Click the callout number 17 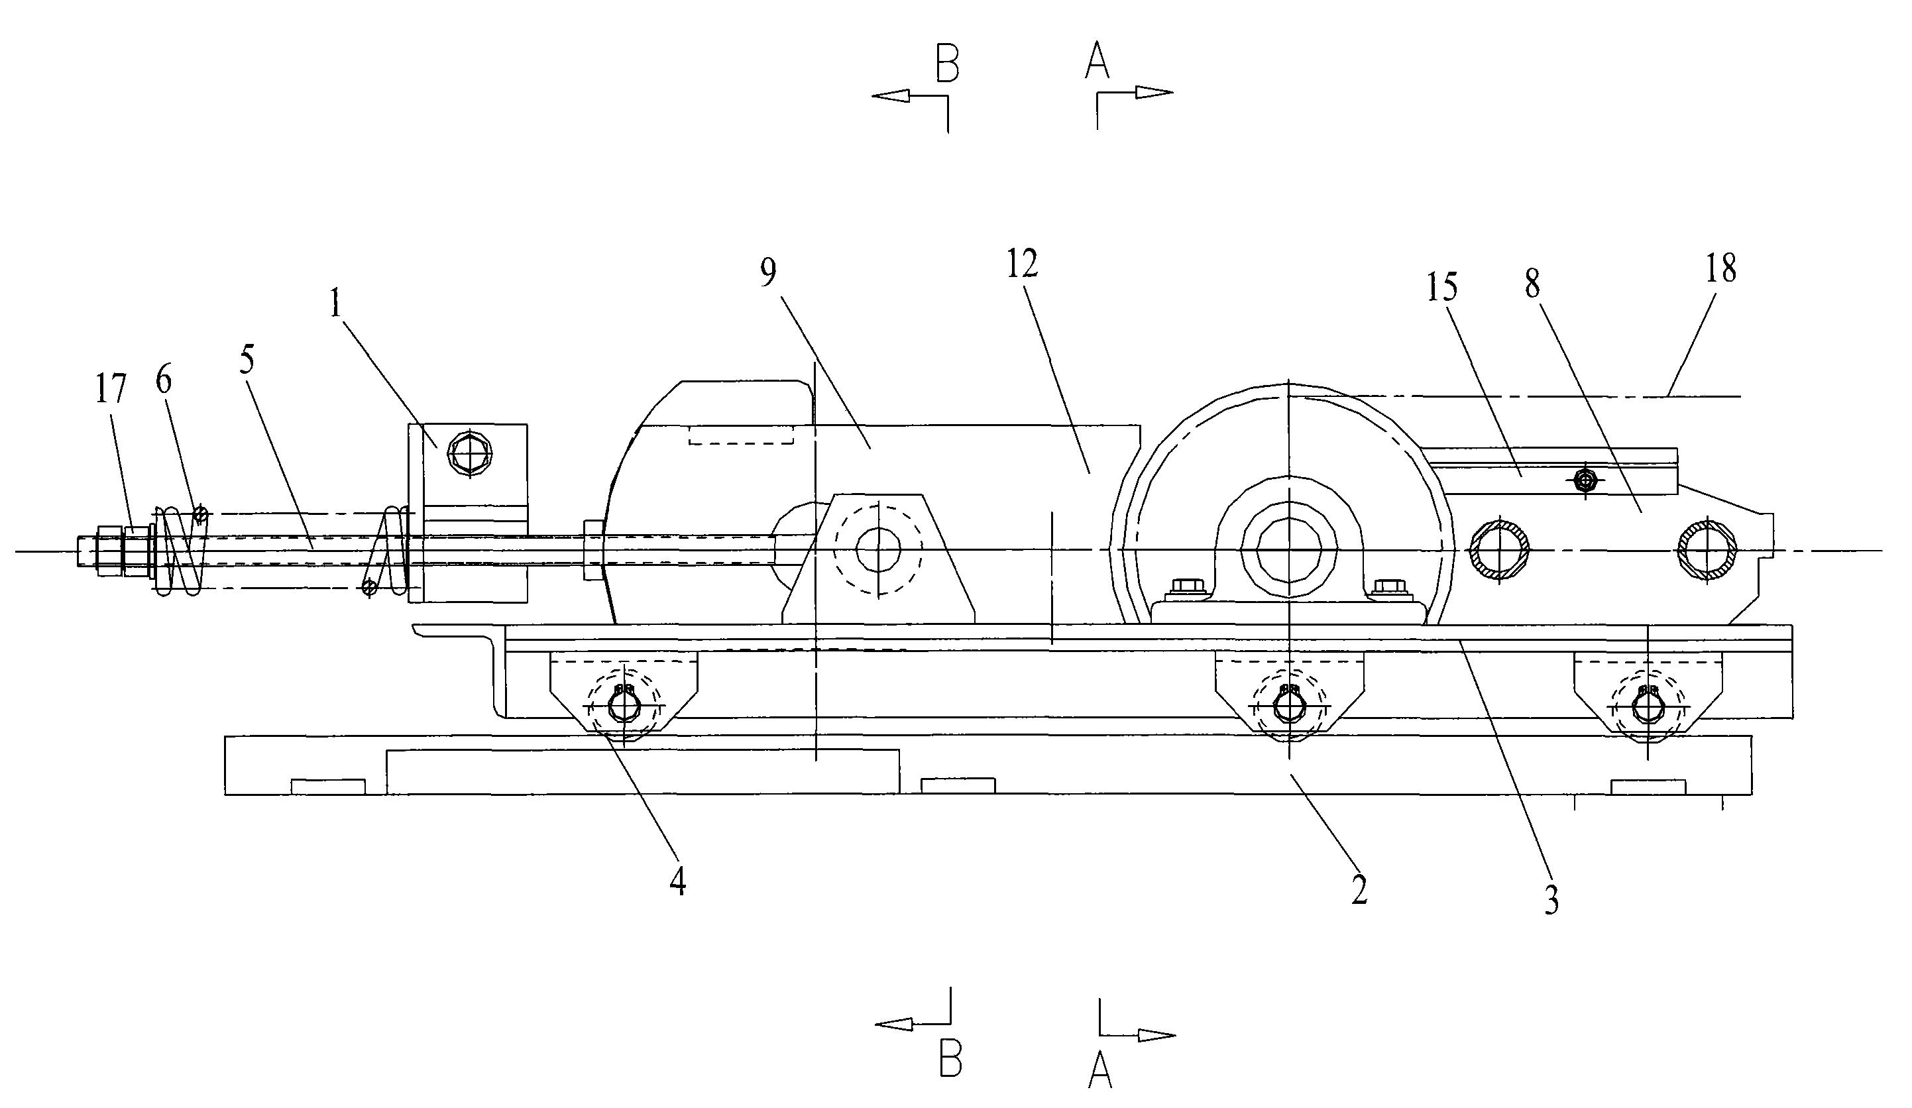pos(111,388)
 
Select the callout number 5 pos(247,360)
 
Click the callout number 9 pos(768,273)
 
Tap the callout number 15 pos(1441,287)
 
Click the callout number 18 pos(1720,268)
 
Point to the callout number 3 pos(1551,899)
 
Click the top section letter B pos(947,63)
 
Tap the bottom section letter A pos(1100,1072)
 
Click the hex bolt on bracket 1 pos(471,455)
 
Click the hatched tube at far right pos(1707,550)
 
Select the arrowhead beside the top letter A pos(1154,93)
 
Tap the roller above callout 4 pos(624,706)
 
